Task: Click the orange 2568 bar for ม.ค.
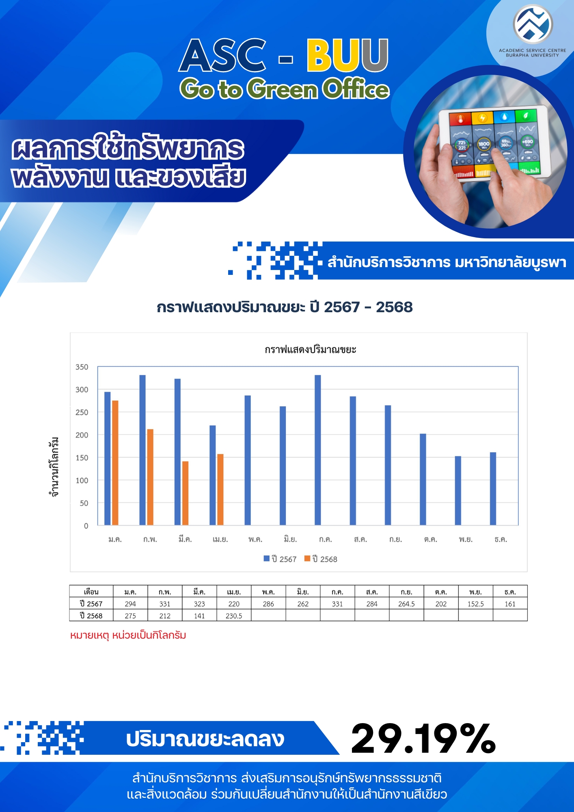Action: coord(115,462)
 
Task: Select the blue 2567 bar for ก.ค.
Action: coord(318,450)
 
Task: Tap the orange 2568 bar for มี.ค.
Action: coord(185,493)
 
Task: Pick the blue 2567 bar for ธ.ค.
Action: coord(493,488)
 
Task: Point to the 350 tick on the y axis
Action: coord(82,367)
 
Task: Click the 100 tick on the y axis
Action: coord(82,480)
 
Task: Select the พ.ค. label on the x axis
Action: coord(255,539)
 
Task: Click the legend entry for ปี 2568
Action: coord(321,559)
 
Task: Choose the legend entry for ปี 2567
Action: coord(280,559)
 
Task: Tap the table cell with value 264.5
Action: coord(406,604)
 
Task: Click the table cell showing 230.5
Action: coord(234,615)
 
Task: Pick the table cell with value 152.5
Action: coord(475,604)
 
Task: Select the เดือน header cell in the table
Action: coord(91,592)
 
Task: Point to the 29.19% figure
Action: coord(423,739)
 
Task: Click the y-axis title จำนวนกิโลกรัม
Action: coord(54,467)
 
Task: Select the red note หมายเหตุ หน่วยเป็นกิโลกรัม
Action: coord(128,635)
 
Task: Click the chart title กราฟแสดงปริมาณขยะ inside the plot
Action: coord(311,350)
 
